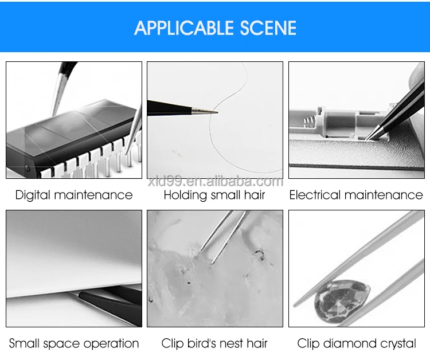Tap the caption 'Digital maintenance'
click(x=74, y=195)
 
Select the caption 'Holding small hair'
click(x=214, y=195)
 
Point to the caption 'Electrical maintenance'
click(x=356, y=195)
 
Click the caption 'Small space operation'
click(x=74, y=343)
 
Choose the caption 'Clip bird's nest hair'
click(x=214, y=343)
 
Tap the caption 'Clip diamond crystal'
click(x=357, y=343)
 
